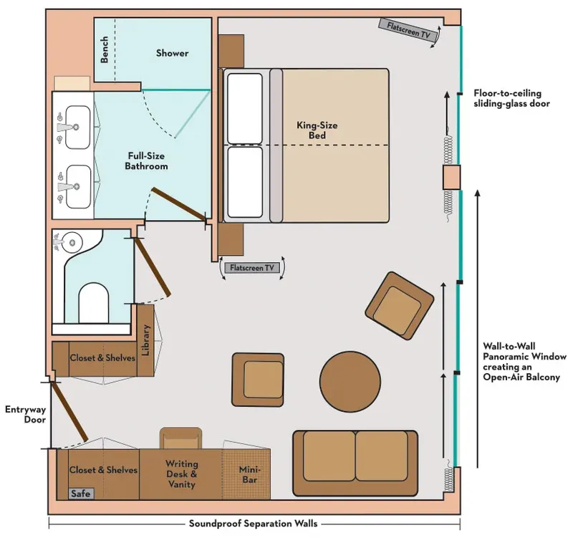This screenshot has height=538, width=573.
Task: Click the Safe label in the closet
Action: [80, 494]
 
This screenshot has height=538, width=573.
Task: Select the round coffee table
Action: [348, 380]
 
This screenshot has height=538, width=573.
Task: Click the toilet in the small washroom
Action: [93, 302]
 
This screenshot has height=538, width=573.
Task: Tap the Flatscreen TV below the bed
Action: [251, 268]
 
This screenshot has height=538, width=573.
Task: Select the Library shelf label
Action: [145, 340]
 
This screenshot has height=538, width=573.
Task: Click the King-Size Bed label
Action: [317, 130]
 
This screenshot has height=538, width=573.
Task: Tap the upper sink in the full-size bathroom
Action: [72, 126]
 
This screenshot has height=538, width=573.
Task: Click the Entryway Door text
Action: [25, 415]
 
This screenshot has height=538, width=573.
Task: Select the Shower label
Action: [172, 53]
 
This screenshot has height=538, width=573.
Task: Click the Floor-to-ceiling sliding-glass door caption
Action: [507, 98]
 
